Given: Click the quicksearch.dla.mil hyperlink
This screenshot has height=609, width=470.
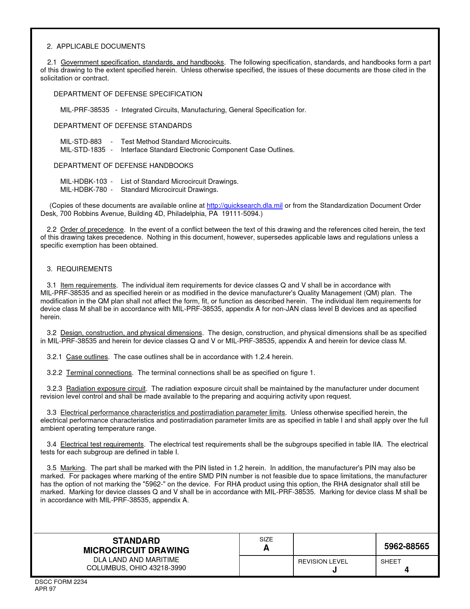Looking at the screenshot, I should [x=244, y=206].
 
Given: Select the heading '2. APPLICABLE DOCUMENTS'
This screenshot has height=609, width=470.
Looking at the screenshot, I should [x=96, y=47].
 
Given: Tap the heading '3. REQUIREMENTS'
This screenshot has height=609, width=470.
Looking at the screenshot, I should [x=80, y=269].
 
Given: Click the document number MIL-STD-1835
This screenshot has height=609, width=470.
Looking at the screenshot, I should [x=83, y=150].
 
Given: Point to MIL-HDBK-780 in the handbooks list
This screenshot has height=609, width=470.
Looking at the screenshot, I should [x=84, y=190].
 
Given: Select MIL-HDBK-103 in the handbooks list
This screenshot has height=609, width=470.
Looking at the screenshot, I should [x=84, y=182].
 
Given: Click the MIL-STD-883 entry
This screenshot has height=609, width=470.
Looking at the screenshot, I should [x=81, y=142].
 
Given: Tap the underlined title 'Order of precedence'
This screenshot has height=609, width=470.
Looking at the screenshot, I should [x=92, y=230].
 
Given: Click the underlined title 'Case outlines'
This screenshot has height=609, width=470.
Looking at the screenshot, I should [x=87, y=357].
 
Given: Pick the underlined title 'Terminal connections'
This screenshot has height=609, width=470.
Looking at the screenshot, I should [x=99, y=373].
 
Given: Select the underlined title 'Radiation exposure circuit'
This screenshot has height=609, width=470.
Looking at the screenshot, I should [x=106, y=389].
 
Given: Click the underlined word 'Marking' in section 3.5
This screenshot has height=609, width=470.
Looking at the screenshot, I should [x=73, y=468].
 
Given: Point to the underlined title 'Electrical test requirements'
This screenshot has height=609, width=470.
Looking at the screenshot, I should [x=102, y=444].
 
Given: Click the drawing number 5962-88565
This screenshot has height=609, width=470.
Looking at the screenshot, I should [x=407, y=547].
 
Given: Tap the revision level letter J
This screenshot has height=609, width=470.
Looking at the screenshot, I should [x=334, y=570].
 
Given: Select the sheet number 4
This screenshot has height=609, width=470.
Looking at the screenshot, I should [x=407, y=570].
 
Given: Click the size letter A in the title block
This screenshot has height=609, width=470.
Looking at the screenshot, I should [x=266, y=548].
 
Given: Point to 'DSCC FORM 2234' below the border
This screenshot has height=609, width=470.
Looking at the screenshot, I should [x=61, y=582].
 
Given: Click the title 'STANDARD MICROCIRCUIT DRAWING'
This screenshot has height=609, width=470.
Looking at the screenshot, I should [x=136, y=546].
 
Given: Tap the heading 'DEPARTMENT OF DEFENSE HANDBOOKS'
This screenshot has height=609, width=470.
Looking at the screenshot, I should [x=123, y=166].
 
